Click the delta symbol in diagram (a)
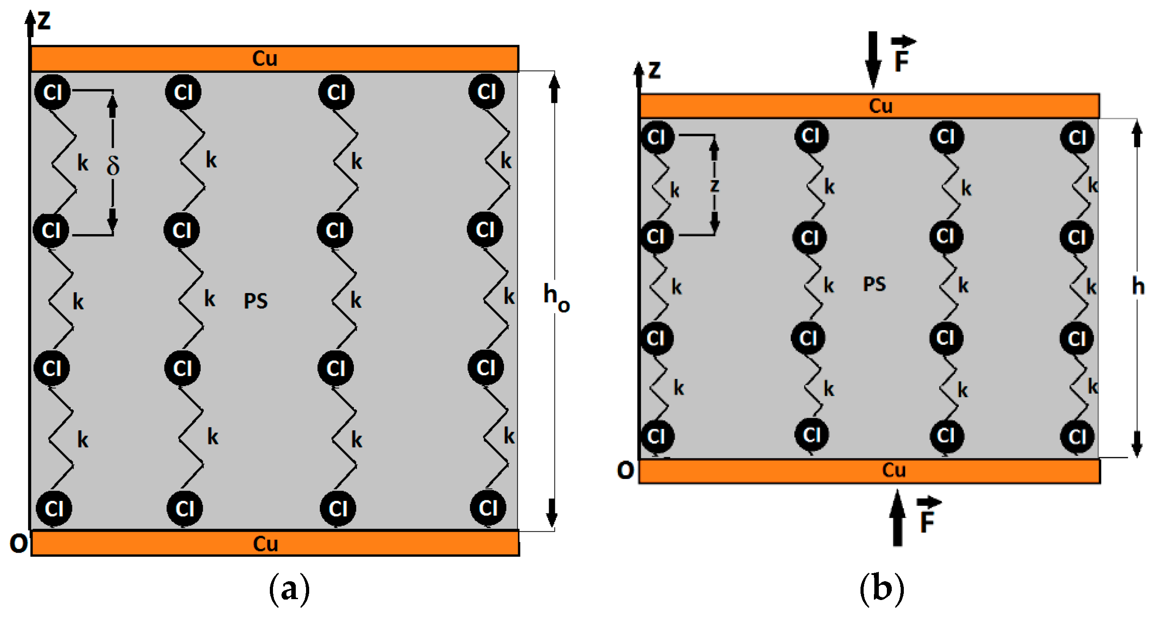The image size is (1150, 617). (113, 166)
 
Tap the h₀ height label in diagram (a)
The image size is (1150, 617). (555, 296)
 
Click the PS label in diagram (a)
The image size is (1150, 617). (256, 301)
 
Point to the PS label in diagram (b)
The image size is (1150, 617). (874, 285)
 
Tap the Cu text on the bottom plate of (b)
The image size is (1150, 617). (894, 470)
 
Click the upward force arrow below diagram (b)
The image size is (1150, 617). (897, 518)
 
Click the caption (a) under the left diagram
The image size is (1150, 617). (289, 589)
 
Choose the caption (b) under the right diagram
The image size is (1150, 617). (881, 589)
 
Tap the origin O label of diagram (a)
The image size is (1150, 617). (18, 544)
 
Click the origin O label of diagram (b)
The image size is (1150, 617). (625, 470)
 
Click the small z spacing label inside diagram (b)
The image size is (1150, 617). (714, 185)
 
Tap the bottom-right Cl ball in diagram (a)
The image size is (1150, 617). (488, 508)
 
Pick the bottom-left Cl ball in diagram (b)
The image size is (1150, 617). (656, 437)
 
